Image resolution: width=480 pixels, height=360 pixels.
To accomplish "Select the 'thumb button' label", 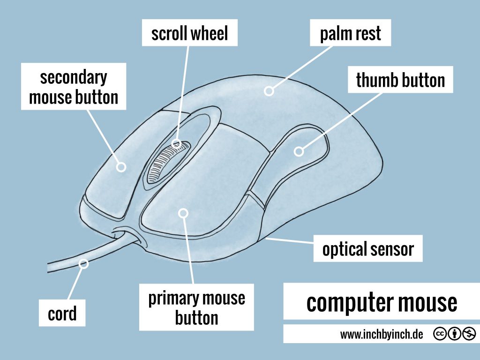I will click(x=400, y=80).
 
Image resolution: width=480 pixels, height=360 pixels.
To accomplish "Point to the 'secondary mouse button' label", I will click(x=74, y=87).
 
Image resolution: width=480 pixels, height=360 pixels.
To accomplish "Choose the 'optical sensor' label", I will click(x=368, y=249).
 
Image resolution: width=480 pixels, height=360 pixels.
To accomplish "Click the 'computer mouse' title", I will click(x=382, y=302).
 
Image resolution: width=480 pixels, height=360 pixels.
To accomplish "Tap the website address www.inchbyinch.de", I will click(x=382, y=334).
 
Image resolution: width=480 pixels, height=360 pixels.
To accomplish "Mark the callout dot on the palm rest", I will click(x=269, y=91).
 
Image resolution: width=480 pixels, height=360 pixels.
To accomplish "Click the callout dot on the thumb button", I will click(x=299, y=151).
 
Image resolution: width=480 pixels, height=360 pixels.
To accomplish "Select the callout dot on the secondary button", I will click(x=121, y=166).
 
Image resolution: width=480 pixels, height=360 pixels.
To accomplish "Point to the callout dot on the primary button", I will click(x=183, y=213).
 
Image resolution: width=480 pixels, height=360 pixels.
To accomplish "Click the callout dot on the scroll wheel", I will click(x=177, y=143).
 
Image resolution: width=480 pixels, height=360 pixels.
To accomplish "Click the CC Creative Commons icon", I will click(x=441, y=334).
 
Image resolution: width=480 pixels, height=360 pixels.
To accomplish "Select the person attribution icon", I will click(x=454, y=334).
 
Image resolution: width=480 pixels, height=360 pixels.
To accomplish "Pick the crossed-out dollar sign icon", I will click(x=468, y=334).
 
